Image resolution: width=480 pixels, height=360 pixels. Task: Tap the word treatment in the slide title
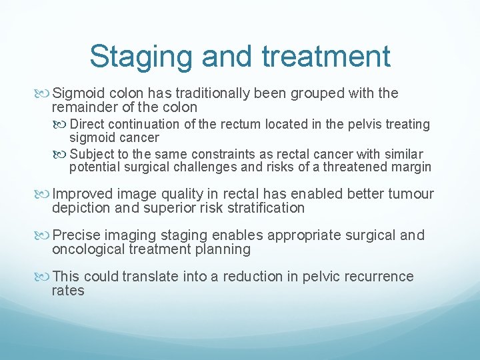(327, 57)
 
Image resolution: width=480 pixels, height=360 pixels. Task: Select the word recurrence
(375, 276)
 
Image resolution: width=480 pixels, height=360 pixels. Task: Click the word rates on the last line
(68, 291)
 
